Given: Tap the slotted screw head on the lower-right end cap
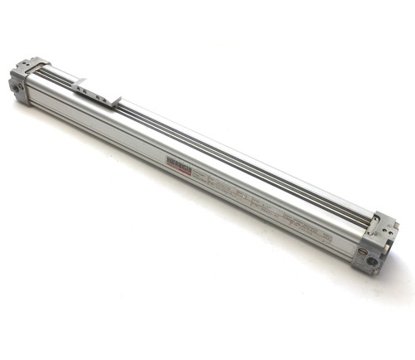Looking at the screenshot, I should coord(363,251).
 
